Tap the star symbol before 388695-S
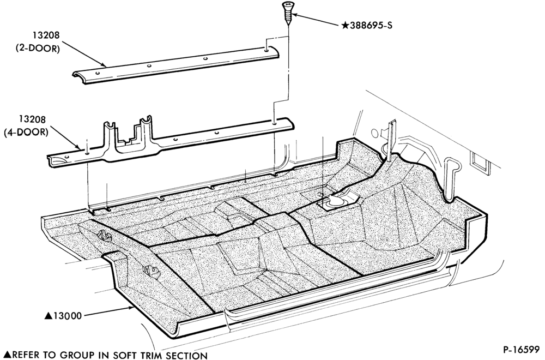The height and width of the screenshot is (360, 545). tap(345, 26)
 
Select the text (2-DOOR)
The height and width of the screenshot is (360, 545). tap(38, 49)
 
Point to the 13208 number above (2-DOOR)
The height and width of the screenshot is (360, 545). tap(46, 35)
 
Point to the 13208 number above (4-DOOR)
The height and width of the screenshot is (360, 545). tap(32, 119)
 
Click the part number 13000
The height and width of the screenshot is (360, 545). tap(68, 316)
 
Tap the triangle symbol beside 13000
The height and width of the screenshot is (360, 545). tap(49, 316)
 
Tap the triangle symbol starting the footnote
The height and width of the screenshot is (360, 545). tap(6, 355)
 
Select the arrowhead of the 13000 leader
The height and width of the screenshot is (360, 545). tap(131, 307)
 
